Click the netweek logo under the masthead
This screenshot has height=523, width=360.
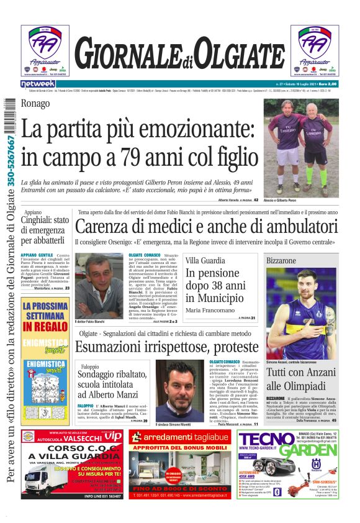[x=38, y=83]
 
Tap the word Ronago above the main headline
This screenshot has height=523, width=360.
[x=35, y=104]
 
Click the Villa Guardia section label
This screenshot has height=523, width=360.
[x=205, y=260]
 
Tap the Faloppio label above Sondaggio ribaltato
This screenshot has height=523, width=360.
[x=89, y=366]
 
